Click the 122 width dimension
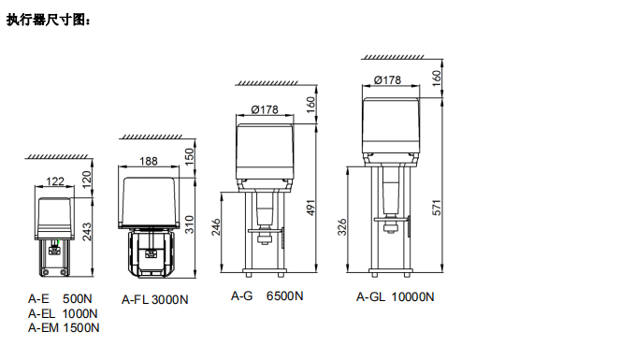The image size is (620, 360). tap(55, 181)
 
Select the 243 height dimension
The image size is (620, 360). tap(87, 232)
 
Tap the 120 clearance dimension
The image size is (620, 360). tap(87, 179)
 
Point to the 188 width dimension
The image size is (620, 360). tap(149, 161)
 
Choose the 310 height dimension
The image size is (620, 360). tap(190, 224)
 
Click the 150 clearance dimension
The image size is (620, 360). tap(190, 157)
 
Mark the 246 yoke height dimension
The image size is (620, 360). tap(216, 227)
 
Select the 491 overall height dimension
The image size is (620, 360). tap(311, 208)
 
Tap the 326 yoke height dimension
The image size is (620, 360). tap(342, 227)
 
